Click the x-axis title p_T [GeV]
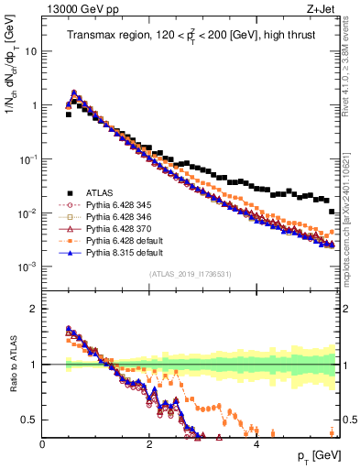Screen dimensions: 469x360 click(317, 456)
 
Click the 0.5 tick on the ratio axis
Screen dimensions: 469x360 click(30, 420)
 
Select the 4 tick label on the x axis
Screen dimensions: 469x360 click(256, 444)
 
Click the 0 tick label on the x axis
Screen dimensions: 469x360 click(42, 444)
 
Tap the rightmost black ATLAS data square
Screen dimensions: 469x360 click(332, 212)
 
